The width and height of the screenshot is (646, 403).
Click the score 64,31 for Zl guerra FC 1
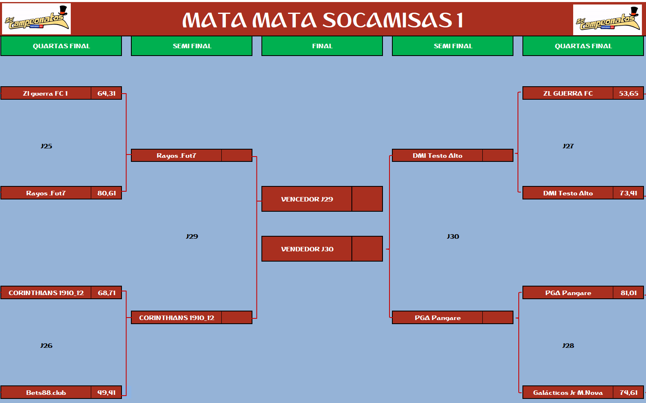[106, 93]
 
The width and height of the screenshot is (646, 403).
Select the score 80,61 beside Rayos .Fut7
[106, 193]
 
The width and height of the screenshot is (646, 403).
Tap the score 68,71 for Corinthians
[106, 293]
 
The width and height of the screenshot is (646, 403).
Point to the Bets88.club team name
[46, 392]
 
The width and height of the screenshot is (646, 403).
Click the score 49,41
[106, 392]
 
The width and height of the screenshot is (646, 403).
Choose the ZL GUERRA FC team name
[568, 93]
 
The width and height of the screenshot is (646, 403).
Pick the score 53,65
[628, 93]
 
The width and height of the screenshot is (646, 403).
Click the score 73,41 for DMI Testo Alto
[628, 193]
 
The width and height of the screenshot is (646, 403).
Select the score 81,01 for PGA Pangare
[628, 293]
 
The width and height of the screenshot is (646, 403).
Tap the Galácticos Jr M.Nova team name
[568, 392]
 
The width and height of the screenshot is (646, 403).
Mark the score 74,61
[628, 392]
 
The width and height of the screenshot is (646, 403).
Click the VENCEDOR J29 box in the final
[322, 199]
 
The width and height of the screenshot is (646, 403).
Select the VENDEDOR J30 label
[307, 249]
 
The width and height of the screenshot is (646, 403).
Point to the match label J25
[46, 146]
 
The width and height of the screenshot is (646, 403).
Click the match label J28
[568, 345]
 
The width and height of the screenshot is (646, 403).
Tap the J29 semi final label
[192, 236]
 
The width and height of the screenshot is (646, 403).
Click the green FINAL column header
[322, 46]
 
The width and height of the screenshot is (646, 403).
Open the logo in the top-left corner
[36, 19]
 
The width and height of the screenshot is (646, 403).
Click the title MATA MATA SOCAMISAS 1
[323, 20]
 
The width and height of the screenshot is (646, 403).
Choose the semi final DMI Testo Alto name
[437, 156]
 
